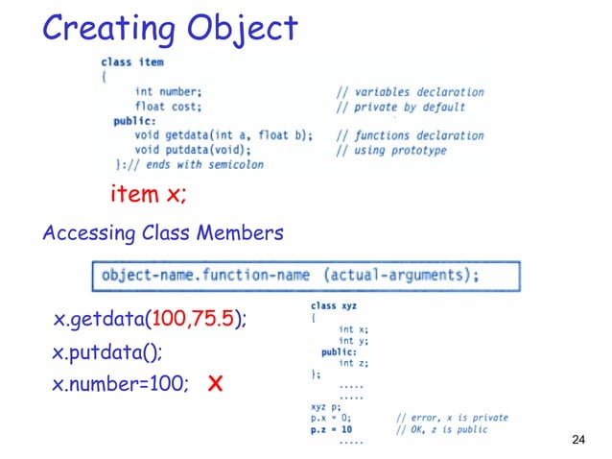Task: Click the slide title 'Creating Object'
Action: [x=170, y=28]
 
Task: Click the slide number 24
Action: [x=577, y=440]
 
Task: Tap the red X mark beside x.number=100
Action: [x=216, y=385]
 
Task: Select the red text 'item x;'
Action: [x=149, y=195]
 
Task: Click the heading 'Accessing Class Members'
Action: [x=162, y=234]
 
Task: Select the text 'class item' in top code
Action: [x=132, y=62]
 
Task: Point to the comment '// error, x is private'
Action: [x=451, y=418]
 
